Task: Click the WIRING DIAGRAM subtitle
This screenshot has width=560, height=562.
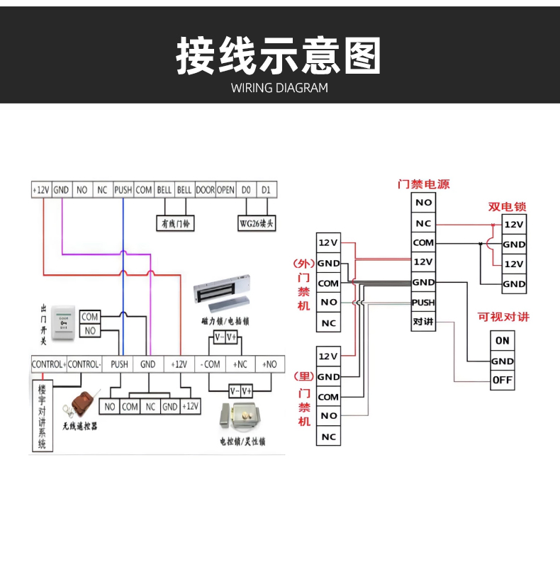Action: pyautogui.click(x=279, y=88)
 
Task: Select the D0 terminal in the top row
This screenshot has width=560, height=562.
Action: pyautogui.click(x=246, y=190)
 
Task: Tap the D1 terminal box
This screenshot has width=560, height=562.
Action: pyautogui.click(x=266, y=190)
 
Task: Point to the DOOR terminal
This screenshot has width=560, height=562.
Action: pyautogui.click(x=205, y=190)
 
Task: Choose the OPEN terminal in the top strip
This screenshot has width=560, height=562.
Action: pyautogui.click(x=225, y=190)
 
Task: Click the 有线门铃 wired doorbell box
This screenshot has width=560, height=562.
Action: pyautogui.click(x=177, y=223)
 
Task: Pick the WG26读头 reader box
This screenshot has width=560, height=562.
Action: pyautogui.click(x=256, y=223)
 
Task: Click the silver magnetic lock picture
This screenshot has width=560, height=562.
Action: pyautogui.click(x=223, y=291)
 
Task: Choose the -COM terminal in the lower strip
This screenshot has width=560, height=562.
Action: pyautogui.click(x=211, y=364)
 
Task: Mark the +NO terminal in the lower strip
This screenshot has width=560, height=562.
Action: pyautogui.click(x=269, y=364)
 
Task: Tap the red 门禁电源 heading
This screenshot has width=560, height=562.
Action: pyautogui.click(x=423, y=184)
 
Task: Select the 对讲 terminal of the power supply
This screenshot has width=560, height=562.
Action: pyautogui.click(x=422, y=322)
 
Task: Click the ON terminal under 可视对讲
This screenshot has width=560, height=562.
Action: pyautogui.click(x=503, y=340)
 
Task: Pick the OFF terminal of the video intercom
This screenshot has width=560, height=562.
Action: pyautogui.click(x=503, y=381)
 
